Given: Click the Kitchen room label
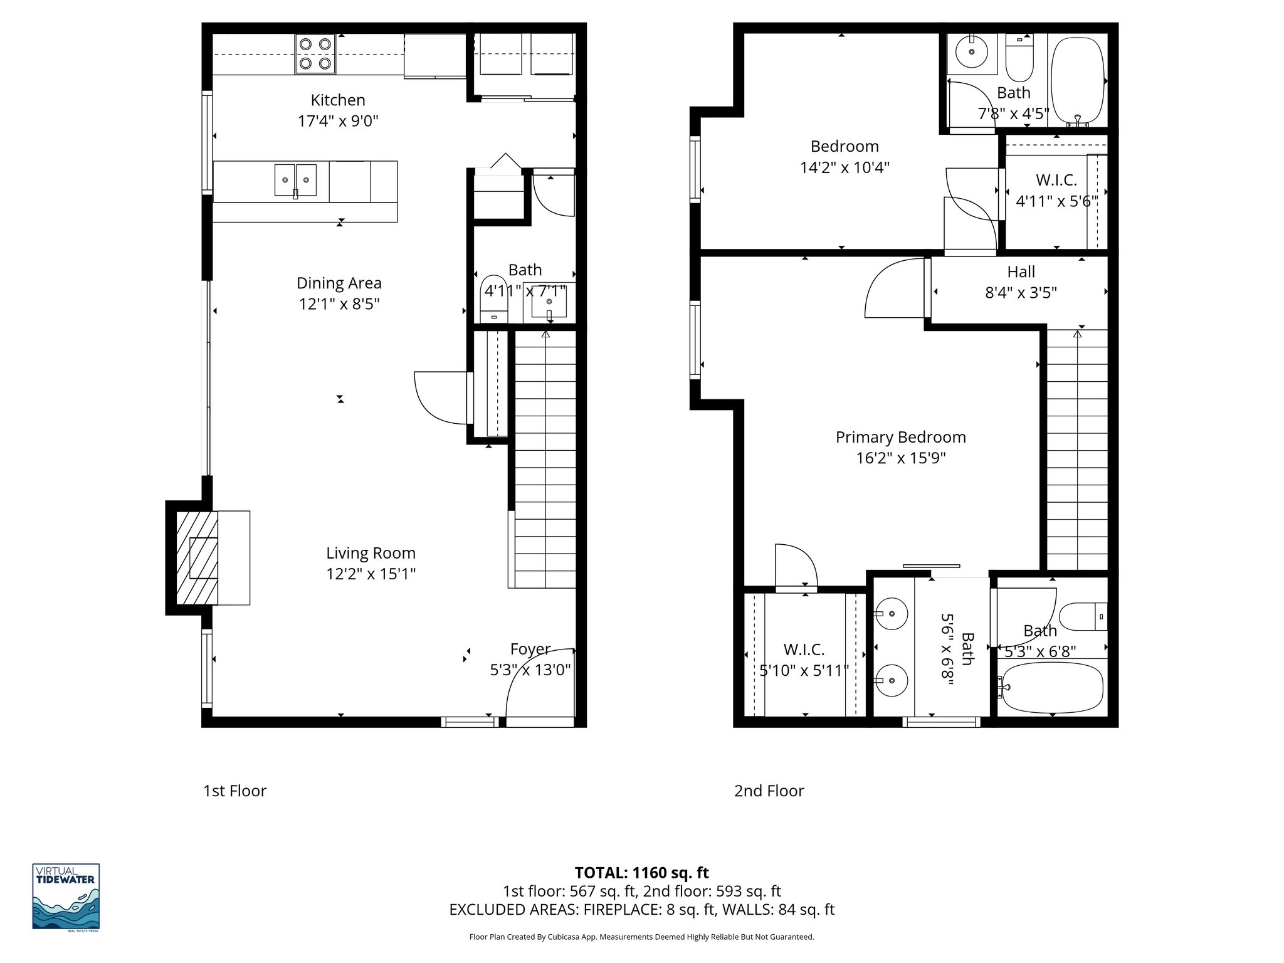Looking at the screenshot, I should pos(337,100).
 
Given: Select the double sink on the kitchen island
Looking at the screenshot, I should pos(295,180).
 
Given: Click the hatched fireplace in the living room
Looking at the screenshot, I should pos(197,557).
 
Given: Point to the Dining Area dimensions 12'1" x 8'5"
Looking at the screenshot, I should pos(339,304).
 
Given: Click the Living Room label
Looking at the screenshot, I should pos(370,553).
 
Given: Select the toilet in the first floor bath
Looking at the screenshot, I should pos(494,297).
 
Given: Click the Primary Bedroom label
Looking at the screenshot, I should pos(900,437).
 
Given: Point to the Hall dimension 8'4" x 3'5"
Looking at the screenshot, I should pos(1021,293).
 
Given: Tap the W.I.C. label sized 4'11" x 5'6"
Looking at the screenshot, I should pos(1056,181).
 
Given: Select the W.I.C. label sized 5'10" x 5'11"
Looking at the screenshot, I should pos(804,650).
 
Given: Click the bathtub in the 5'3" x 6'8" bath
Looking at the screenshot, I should pos(1052,688).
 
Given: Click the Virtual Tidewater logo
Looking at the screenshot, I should pos(66,897).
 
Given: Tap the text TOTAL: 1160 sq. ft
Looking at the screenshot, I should pos(641,873).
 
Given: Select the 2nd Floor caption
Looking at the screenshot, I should pos(769,791).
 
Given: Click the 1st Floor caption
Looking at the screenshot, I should pos(234,791).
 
